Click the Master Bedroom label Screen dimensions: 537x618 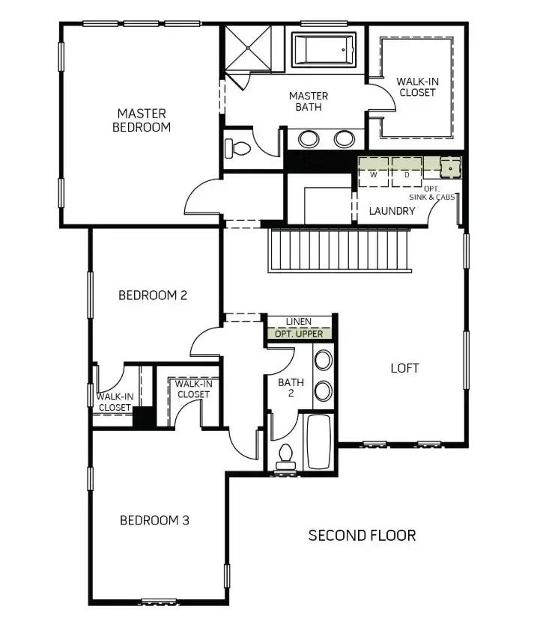click(142, 120)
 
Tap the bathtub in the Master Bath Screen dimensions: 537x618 click(324, 50)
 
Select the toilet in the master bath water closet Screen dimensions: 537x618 click(237, 149)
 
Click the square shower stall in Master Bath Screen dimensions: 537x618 click(248, 48)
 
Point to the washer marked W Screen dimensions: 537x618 click(373, 172)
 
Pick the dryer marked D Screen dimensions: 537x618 click(407, 172)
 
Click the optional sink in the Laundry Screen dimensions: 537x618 click(451, 167)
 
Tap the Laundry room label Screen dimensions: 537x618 click(392, 211)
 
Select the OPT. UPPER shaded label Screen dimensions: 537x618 click(299, 334)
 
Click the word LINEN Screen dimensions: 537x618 click(299, 322)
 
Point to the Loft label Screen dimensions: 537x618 click(405, 368)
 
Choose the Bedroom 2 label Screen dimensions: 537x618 click(153, 296)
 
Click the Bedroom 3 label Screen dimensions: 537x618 click(154, 520)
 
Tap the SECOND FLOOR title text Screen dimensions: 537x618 click(362, 536)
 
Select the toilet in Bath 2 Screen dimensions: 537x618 click(285, 457)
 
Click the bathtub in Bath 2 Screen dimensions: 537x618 click(319, 442)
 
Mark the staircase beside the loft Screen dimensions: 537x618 click(340, 251)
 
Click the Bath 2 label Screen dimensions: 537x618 click(291, 388)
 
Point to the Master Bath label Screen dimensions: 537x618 click(309, 101)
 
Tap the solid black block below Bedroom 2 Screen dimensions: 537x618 click(144, 417)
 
